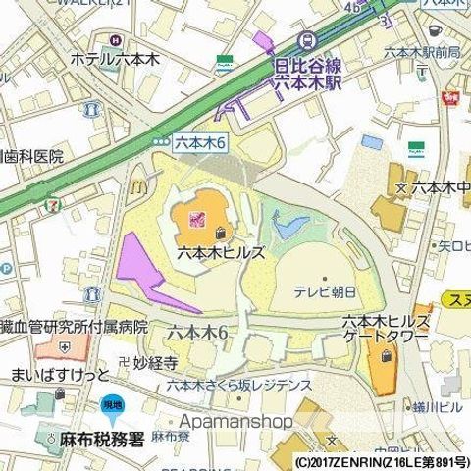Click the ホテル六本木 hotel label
(114, 59)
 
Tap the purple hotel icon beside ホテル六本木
(115, 40)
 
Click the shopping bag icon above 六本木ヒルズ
(220, 234)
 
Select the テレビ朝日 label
(329, 290)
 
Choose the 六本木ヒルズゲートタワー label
(385, 330)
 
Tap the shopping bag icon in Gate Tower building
(383, 359)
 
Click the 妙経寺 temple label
(156, 363)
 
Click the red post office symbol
(452, 97)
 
